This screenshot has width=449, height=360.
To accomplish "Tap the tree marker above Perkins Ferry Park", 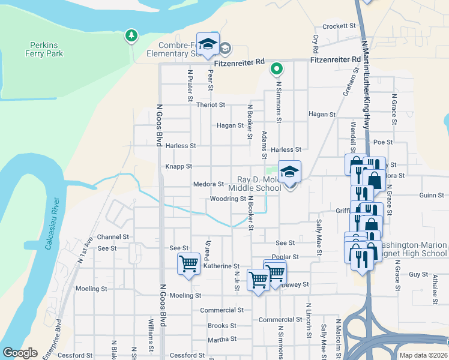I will point(131,36).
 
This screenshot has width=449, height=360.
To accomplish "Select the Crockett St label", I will point(339,26).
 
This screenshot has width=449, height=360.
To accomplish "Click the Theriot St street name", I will point(210,104).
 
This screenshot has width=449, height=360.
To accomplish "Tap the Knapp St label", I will point(179,166).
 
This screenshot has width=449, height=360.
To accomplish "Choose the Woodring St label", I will point(228,199).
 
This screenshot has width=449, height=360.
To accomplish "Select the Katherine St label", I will point(221,266).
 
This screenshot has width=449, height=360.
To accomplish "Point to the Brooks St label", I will point(222,326).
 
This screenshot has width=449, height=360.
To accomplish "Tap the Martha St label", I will point(222,339).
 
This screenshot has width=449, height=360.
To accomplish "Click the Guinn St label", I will point(432,195).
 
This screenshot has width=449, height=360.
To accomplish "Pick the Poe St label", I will point(382,142).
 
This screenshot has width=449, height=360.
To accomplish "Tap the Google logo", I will point(20,353).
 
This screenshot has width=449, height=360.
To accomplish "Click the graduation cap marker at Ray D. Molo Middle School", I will point(289,172).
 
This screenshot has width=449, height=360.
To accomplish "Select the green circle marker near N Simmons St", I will point(276,69).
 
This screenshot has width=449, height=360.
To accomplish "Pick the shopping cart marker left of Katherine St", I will point(188,263).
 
